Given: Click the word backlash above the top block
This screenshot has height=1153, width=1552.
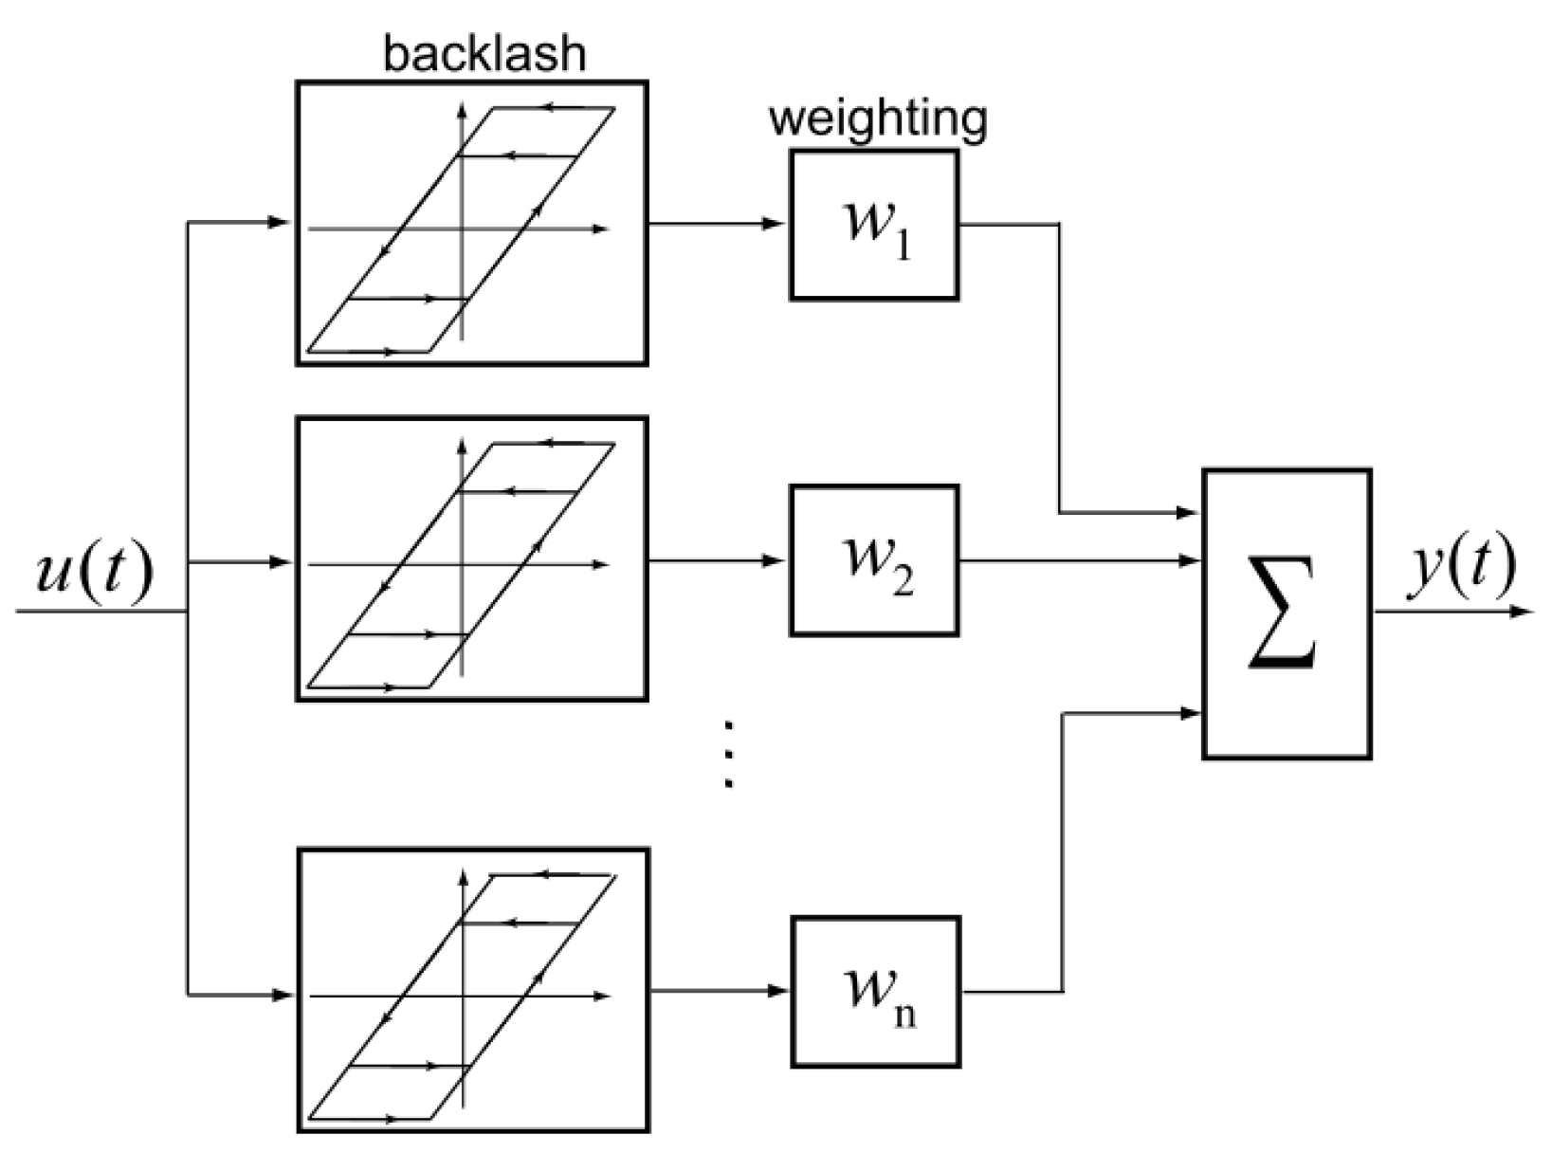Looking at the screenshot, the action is pos(484,53).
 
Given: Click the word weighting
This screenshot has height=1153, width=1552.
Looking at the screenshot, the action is pos(878,120).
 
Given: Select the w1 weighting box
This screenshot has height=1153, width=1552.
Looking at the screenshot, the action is pos(874,225).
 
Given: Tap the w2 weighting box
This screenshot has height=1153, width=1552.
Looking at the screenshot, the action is pos(874,560).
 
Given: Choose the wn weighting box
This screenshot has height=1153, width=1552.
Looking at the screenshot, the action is pos(876,992).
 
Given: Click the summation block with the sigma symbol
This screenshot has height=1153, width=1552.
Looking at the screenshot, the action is pos(1287,613).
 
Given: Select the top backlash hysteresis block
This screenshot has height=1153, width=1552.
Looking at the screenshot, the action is pos(472,223).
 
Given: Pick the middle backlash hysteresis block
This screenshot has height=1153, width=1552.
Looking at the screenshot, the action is pos(472,558).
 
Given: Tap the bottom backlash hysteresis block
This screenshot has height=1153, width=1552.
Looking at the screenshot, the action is pos(474,989).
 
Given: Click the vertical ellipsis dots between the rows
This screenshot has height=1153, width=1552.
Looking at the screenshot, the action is pos(728,755).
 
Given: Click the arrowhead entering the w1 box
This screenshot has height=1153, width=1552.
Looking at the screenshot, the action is pos(774,225).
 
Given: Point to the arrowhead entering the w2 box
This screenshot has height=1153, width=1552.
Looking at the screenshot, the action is pos(774,560).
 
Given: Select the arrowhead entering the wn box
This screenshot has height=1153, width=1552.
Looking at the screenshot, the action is pos(776,991).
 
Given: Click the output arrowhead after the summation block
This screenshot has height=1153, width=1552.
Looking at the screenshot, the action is pos(1522,612).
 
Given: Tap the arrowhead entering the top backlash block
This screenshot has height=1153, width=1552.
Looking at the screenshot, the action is pos(280,223).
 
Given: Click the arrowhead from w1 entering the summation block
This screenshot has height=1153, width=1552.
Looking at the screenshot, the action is pos(1187,513).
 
